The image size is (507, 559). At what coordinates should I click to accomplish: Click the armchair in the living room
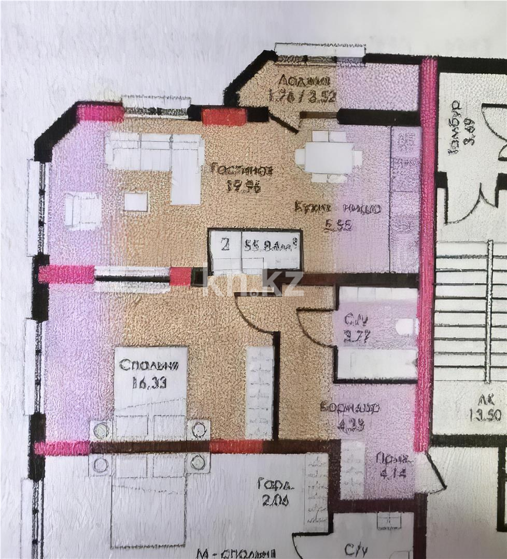(x=82, y=211)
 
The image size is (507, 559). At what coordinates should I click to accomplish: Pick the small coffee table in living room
(x=136, y=201)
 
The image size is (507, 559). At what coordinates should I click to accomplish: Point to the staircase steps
(x=469, y=311)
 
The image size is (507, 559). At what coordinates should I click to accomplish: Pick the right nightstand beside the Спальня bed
(x=198, y=430)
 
